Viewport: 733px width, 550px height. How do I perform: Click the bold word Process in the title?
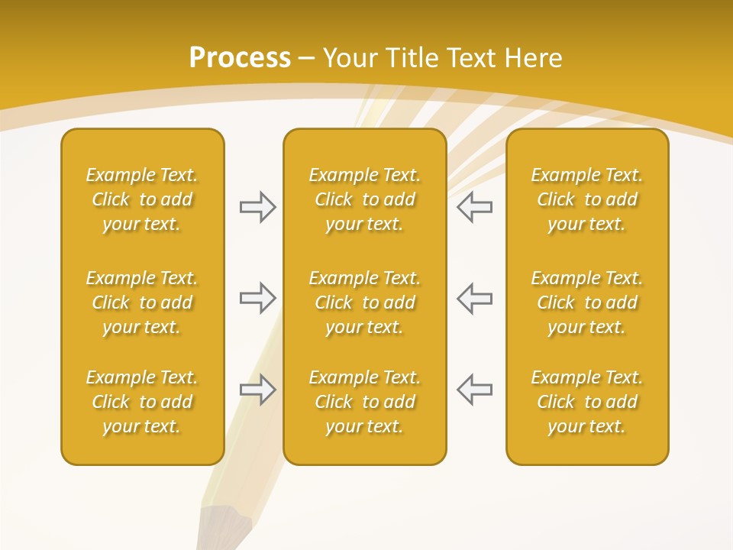coord(240,58)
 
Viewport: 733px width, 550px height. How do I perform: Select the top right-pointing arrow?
coord(258,207)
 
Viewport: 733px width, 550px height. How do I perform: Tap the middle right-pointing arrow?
coord(258,298)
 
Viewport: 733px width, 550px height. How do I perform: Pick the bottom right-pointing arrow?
coord(258,390)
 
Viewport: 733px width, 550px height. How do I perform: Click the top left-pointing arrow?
coord(474,207)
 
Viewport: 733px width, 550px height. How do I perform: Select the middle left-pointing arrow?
coord(474,298)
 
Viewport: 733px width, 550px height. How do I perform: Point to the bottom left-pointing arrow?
coord(474,390)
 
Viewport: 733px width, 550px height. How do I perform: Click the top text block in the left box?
coord(142,199)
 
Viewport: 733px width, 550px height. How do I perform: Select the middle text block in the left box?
coord(142,302)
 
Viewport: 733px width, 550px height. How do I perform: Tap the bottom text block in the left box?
coord(142,402)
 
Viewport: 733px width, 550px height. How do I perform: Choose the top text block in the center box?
coord(364,199)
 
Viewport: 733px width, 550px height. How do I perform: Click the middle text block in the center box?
coord(364,302)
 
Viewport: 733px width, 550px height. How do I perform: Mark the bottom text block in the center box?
coord(364,402)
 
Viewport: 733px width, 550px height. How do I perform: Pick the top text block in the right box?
coord(586,199)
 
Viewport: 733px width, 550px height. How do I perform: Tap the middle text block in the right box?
coord(586,302)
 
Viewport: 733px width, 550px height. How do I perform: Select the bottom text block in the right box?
coord(586,402)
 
